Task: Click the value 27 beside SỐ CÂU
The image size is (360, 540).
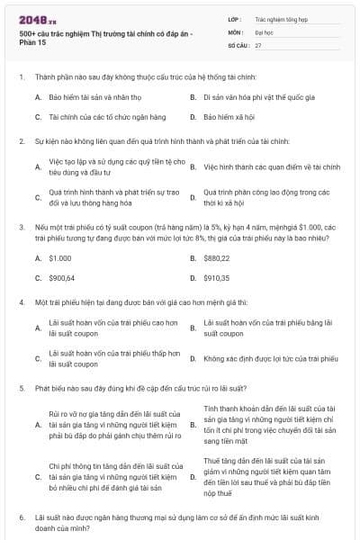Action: pyautogui.click(x=258, y=44)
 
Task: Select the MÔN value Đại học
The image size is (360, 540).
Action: pyautogui.click(x=264, y=31)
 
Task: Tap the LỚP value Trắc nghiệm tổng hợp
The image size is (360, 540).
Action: pyautogui.click(x=279, y=18)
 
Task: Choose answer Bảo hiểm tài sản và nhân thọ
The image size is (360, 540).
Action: pyautogui.click(x=92, y=96)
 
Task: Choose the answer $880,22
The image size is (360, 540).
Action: pyautogui.click(x=217, y=257)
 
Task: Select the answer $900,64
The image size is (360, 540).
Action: pyautogui.click(x=62, y=278)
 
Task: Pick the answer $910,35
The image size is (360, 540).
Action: pyautogui.click(x=217, y=278)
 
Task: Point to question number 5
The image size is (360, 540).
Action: pyautogui.click(x=21, y=388)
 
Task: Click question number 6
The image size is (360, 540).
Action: pyautogui.click(x=21, y=518)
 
